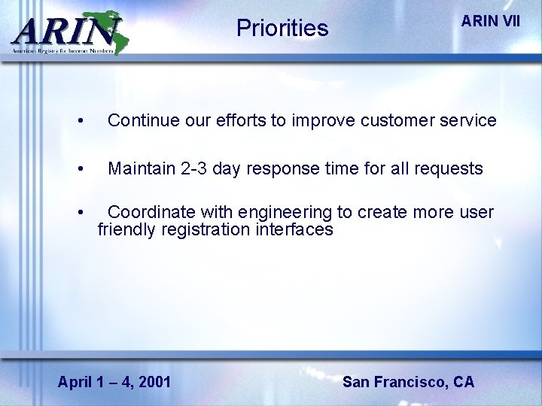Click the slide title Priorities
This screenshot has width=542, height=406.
pos(282,29)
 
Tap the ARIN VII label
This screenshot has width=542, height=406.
pos(490,21)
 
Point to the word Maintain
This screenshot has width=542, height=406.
pos(141,168)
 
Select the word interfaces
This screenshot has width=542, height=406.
pos(296,230)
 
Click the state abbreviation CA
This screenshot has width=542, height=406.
pos(464,382)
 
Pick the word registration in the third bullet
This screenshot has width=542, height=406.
pos(202,230)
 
